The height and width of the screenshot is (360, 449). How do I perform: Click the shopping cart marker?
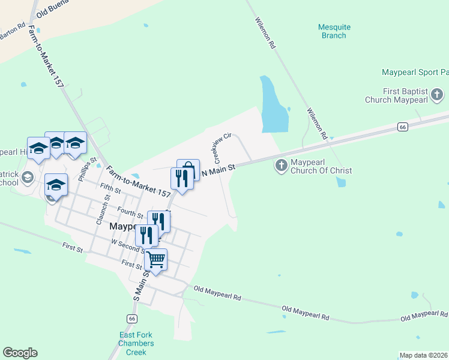tap(155, 260)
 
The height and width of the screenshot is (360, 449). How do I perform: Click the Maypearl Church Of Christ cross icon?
tap(281, 165)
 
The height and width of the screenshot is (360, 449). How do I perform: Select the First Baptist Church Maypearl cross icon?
tap(437, 94)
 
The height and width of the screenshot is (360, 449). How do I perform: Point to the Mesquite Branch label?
tap(334, 31)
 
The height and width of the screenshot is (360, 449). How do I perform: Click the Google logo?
tap(20, 353)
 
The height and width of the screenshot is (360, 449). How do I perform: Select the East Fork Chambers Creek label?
tap(136, 344)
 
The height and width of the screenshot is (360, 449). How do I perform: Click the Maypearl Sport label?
tap(414, 73)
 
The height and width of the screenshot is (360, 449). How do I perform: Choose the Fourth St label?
tap(130, 212)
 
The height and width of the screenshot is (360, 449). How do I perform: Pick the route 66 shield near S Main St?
tap(131, 319)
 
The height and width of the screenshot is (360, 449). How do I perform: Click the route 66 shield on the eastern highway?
tap(403, 127)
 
